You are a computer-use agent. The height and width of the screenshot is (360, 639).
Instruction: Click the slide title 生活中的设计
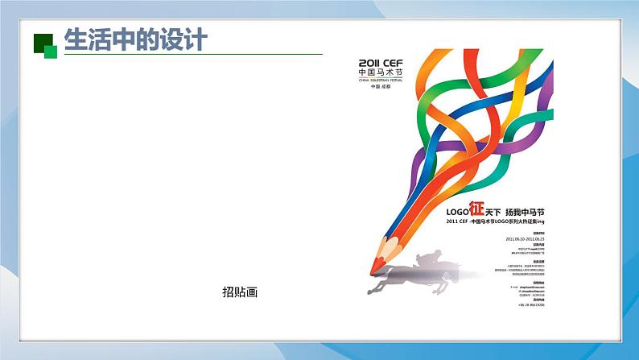135,39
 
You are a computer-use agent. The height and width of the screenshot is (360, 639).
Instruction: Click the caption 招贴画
239,293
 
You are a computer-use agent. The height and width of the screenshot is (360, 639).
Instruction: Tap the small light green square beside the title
51,52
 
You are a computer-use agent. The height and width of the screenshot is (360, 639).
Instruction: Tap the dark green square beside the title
41,43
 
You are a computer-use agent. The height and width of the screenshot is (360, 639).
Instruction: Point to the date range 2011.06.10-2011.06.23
525,239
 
